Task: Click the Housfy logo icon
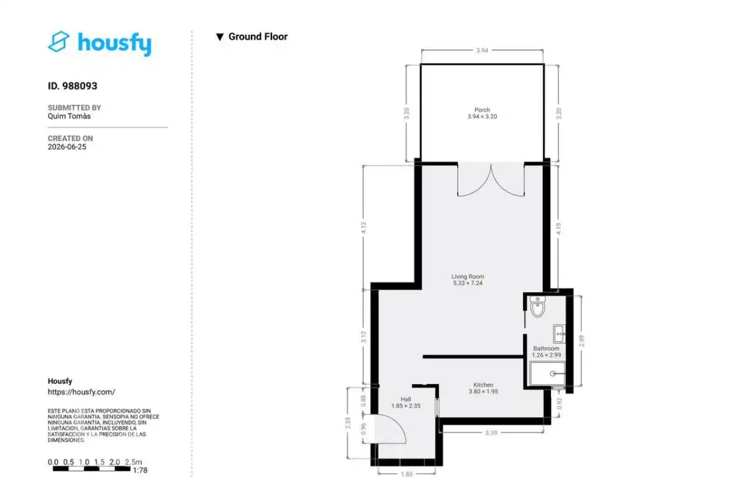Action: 59,42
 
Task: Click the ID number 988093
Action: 80,86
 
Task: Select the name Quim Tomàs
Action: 69,116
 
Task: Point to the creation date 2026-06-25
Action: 67,147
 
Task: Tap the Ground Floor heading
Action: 258,37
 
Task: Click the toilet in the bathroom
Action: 538,306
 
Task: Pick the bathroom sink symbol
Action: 560,334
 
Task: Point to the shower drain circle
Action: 553,374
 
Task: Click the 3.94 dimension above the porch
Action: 482,50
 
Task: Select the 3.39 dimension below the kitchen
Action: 491,433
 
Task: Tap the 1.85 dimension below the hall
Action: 407,474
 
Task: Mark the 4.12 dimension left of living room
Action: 364,227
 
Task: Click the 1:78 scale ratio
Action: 140,471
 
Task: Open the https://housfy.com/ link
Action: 82,392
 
